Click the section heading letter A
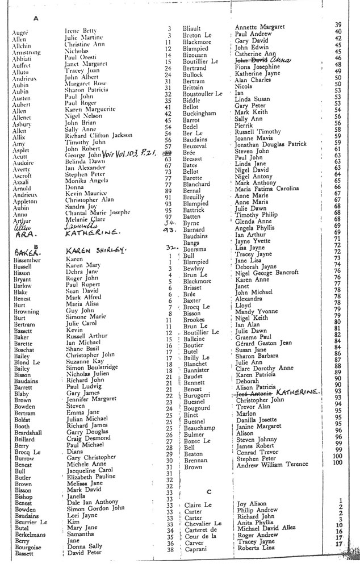[36, 18]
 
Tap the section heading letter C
[209, 491]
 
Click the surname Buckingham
[199, 113]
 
